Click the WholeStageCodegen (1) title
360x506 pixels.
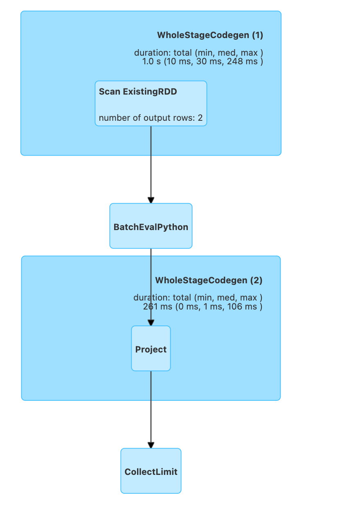210,35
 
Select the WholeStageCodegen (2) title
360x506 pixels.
209,280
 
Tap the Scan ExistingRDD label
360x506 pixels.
138,92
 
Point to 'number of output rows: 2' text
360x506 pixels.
151,118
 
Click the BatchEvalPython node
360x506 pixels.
151,227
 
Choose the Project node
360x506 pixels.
151,349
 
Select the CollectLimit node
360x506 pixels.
151,472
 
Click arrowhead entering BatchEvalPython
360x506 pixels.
151,200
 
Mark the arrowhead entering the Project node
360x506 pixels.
151,323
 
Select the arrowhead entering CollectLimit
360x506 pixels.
151,445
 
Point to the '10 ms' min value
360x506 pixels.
182,61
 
